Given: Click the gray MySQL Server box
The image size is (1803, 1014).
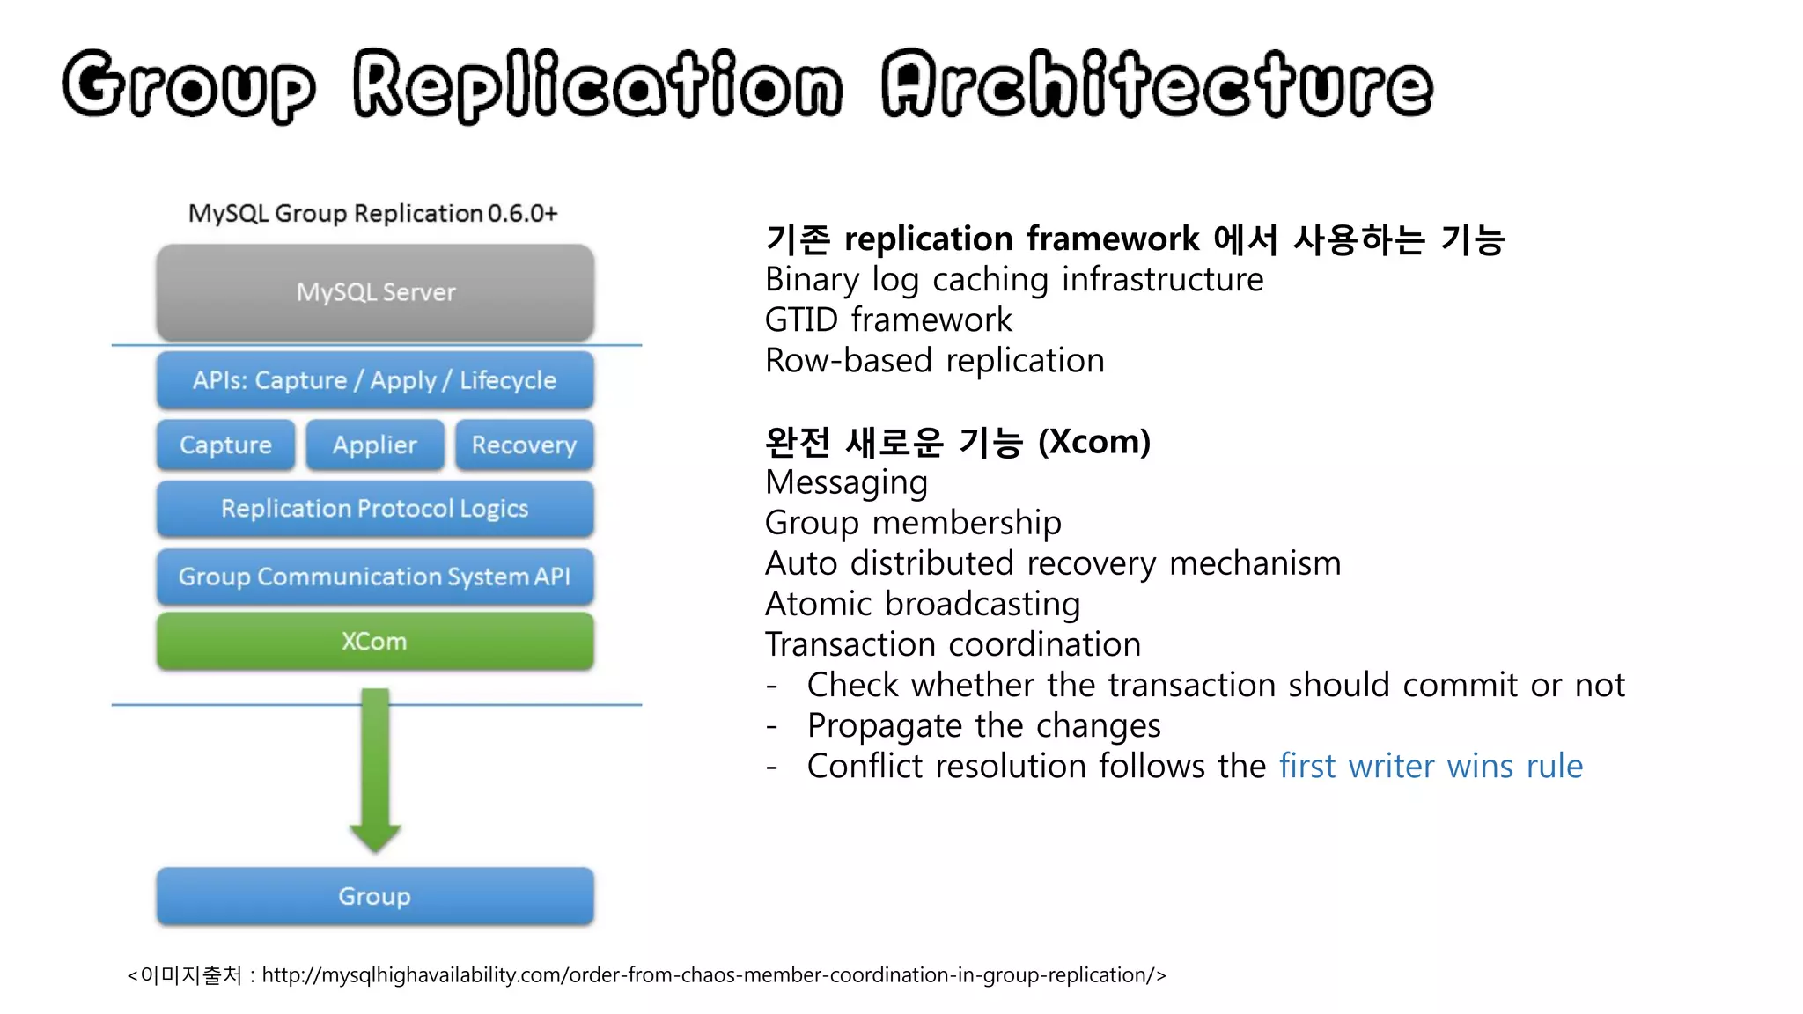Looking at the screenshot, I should coord(375,292).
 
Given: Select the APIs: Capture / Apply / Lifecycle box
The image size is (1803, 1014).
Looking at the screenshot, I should coord(375,380).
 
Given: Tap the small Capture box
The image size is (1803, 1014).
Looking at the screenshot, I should coord(225,445).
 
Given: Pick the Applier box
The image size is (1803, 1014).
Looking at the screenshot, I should coord(375,445).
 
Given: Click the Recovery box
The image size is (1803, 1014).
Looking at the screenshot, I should coord(524,445).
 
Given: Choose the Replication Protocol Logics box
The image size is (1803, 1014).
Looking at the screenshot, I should coord(375,509).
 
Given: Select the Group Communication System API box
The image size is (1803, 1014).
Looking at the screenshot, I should coord(375,577).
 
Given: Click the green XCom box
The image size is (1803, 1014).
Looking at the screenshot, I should coord(375,641).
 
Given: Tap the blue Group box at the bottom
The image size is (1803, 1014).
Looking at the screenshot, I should coord(375,896).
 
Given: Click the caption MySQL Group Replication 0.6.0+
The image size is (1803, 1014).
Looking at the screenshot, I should coord(373,213).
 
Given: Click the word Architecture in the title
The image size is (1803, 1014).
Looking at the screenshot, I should coord(1157,85).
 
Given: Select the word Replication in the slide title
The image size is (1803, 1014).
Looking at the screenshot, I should coord(598,85).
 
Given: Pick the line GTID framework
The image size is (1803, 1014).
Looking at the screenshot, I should coord(888,320).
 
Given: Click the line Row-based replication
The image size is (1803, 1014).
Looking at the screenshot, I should coord(934,360).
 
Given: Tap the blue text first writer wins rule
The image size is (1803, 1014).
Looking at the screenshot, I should coord(1431,766).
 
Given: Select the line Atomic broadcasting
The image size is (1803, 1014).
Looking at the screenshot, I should coord(922,604).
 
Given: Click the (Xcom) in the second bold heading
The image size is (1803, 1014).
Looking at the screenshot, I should coord(1094,441).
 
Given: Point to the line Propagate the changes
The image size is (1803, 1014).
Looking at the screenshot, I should coord(983,725).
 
